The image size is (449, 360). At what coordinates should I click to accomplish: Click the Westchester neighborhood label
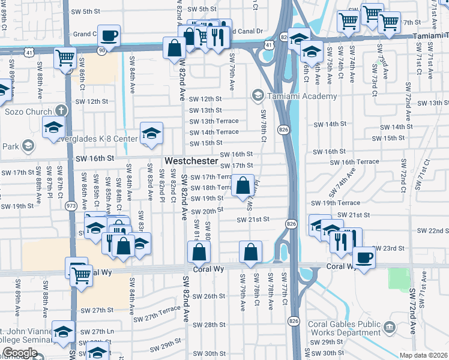pyautogui.click(x=191, y=161)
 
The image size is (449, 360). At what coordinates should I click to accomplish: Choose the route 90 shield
pyautogui.click(x=103, y=50)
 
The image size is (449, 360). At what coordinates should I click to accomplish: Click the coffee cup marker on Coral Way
pyautogui.click(x=363, y=258)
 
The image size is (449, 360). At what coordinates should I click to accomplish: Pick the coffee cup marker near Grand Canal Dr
pyautogui.click(x=109, y=35)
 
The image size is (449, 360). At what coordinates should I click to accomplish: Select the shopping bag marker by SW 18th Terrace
pyautogui.click(x=243, y=185)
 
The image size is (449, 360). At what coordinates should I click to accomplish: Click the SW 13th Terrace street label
pyautogui.click(x=214, y=121)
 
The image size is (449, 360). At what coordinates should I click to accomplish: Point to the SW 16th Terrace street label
pyautogui.click(x=360, y=162)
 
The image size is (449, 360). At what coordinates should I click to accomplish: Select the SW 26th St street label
pyautogui.click(x=207, y=296)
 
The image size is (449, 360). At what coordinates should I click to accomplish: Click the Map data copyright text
pyautogui.click(x=424, y=355)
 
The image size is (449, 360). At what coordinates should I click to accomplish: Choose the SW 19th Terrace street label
pyautogui.click(x=340, y=203)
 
